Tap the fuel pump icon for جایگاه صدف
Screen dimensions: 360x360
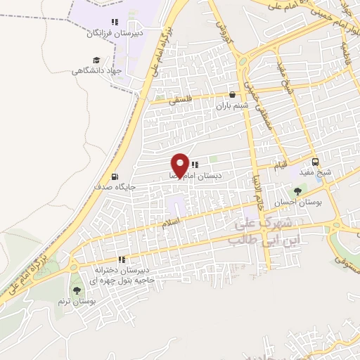click(x=115, y=177)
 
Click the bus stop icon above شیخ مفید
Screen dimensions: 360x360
click(x=315, y=160)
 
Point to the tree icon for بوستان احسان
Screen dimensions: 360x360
click(x=299, y=190)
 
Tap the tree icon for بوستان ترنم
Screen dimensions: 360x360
click(x=76, y=290)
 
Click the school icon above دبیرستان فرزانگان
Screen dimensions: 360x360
click(x=115, y=22)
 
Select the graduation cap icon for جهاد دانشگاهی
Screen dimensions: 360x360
click(x=96, y=60)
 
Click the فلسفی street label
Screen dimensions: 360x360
click(x=181, y=100)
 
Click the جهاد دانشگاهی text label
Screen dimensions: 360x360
click(x=97, y=71)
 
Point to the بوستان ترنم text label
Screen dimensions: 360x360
click(x=77, y=301)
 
